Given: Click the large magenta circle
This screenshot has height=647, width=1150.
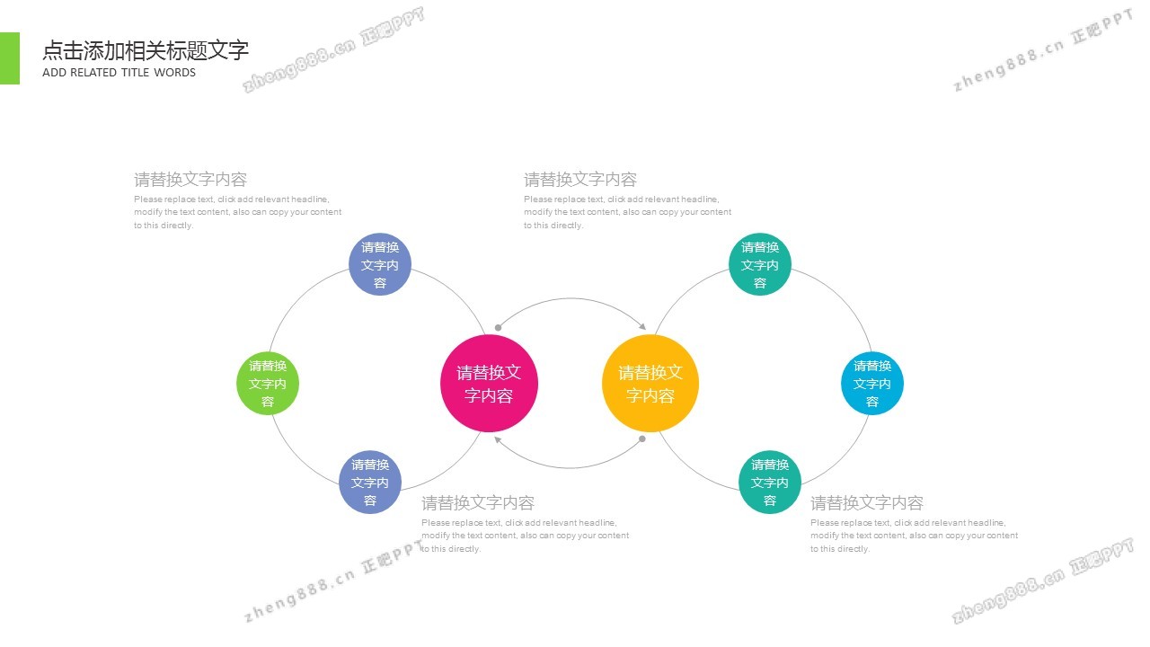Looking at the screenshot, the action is tap(489, 383).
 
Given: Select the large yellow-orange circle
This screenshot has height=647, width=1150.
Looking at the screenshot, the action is tap(650, 383).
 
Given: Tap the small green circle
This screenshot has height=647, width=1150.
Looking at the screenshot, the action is tap(268, 383).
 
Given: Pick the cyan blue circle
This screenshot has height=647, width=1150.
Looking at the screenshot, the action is tap(872, 383).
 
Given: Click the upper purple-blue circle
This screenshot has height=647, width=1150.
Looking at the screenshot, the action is tap(380, 264).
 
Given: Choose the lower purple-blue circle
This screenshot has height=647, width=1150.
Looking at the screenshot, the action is tap(370, 483).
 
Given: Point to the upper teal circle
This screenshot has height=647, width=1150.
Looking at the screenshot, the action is tap(760, 264).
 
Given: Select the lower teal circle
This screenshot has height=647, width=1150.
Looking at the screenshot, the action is tap(770, 483).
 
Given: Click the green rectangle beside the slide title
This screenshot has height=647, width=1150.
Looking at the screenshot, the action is tap(10, 58).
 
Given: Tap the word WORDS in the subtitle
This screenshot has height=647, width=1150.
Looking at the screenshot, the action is tap(174, 73).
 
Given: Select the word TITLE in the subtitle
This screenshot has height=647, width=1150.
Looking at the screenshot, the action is tap(136, 73).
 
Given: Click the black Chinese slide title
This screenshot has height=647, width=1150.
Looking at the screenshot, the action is tap(146, 50).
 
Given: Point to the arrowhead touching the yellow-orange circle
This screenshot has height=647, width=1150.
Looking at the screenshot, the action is tap(642, 326).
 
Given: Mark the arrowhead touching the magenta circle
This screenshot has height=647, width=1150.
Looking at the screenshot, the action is tap(497, 439).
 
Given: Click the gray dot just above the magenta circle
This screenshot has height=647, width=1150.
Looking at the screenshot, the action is tap(498, 328).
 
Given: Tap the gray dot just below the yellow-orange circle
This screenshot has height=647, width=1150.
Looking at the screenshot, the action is tap(641, 439).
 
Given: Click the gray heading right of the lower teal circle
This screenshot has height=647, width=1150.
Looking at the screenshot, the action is tap(867, 503).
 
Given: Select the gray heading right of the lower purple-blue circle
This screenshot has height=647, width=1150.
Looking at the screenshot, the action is tap(478, 503).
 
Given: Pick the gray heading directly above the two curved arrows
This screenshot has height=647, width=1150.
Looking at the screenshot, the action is tap(580, 180).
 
